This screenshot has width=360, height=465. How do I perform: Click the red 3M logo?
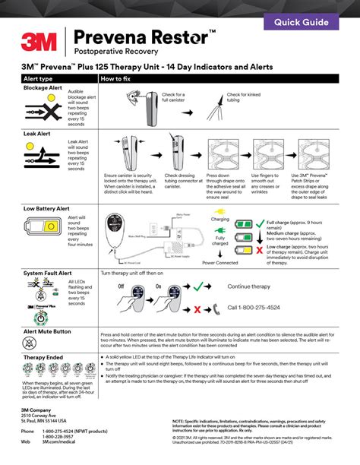coord(39,40)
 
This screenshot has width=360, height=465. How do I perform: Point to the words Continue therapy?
coord(254,286)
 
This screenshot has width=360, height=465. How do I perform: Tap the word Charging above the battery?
coord(220,219)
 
